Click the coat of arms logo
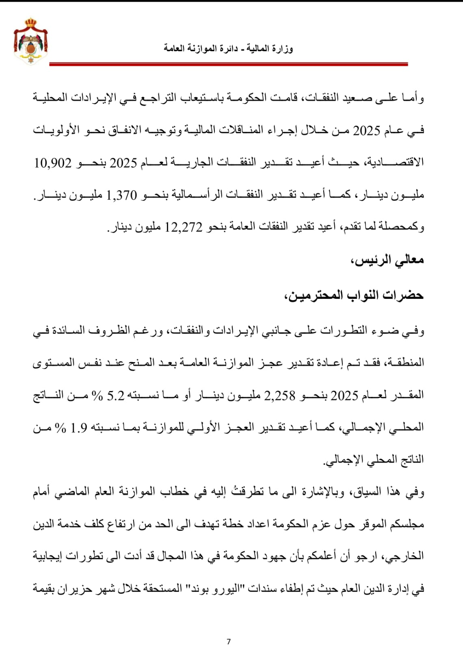(x=31, y=41)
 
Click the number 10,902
(x=53, y=163)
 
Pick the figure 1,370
(x=122, y=195)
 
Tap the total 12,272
(x=184, y=227)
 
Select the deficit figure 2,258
(x=280, y=395)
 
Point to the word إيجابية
(x=50, y=556)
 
